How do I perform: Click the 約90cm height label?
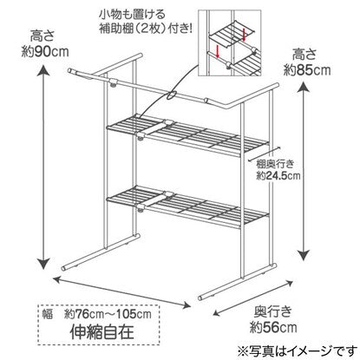tap(45, 52)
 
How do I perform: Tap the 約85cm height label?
tap(307, 70)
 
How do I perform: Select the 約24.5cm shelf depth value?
tap(278, 175)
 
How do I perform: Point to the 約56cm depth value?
tap(273, 327)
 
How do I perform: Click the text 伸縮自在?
tap(102, 331)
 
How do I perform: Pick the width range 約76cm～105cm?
tap(108, 314)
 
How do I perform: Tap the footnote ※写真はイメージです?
tap(298, 350)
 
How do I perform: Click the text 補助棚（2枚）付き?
tap(146, 29)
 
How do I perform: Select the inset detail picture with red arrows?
tap(230, 43)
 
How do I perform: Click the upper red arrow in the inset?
tap(244, 34)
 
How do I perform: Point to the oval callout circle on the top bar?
tap(172, 95)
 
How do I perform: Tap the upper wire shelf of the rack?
tap(188, 135)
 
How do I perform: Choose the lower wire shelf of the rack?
tap(188, 206)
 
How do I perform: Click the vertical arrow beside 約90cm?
tap(43, 167)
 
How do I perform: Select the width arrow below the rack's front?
tap(122, 292)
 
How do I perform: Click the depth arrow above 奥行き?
tap(253, 298)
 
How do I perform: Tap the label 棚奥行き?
tap(275, 165)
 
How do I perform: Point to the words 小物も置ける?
tap(132, 14)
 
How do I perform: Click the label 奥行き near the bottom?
tap(273, 311)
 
